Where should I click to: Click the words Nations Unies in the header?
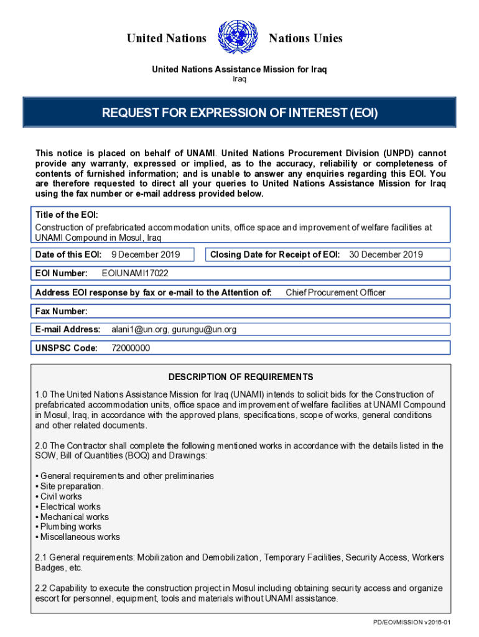(x=305, y=39)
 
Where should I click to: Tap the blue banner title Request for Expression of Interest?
(x=240, y=113)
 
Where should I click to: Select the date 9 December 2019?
(x=146, y=254)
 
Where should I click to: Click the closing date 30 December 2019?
(x=386, y=254)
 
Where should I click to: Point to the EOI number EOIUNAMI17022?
(x=134, y=274)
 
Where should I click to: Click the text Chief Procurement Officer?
(x=335, y=292)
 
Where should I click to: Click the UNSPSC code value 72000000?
(x=130, y=348)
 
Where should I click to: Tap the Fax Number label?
(x=62, y=311)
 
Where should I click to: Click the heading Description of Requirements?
(x=240, y=377)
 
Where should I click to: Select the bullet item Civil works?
(x=60, y=496)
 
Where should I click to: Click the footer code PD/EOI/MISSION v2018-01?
(x=411, y=623)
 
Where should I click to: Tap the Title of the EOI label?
(x=67, y=215)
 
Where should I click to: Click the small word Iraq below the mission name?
(x=240, y=79)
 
